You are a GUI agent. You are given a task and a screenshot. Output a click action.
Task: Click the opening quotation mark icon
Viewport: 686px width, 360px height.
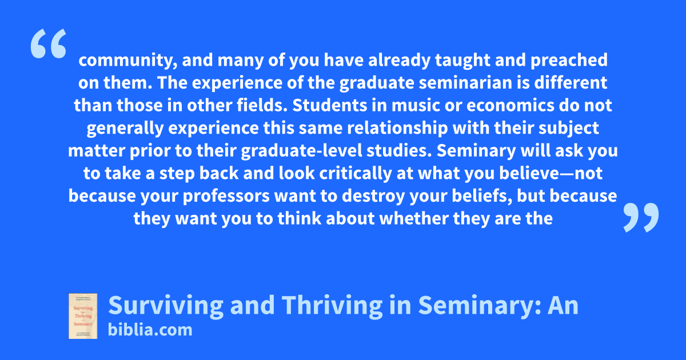(x=49, y=43)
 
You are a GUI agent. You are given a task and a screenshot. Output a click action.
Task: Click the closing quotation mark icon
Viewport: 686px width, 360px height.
(x=641, y=217)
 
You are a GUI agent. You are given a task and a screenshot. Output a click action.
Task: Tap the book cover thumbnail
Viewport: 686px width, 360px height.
(x=83, y=316)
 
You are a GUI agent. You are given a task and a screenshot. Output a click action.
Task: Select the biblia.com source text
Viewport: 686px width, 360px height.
(x=150, y=330)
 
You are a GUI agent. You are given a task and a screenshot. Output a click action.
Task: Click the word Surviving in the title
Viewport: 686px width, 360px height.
(x=166, y=305)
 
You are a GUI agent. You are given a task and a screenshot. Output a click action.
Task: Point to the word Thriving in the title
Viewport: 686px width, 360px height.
(x=332, y=305)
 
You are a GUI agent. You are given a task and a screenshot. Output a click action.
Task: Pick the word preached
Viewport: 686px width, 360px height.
(x=569, y=60)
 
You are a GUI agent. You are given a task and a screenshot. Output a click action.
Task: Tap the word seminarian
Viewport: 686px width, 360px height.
(x=465, y=83)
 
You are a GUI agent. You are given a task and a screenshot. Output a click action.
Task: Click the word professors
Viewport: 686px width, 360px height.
(x=226, y=196)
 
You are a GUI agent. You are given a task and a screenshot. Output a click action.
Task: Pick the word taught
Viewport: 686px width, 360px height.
(x=462, y=60)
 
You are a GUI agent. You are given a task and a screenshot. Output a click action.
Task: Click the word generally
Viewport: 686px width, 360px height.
(x=125, y=128)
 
